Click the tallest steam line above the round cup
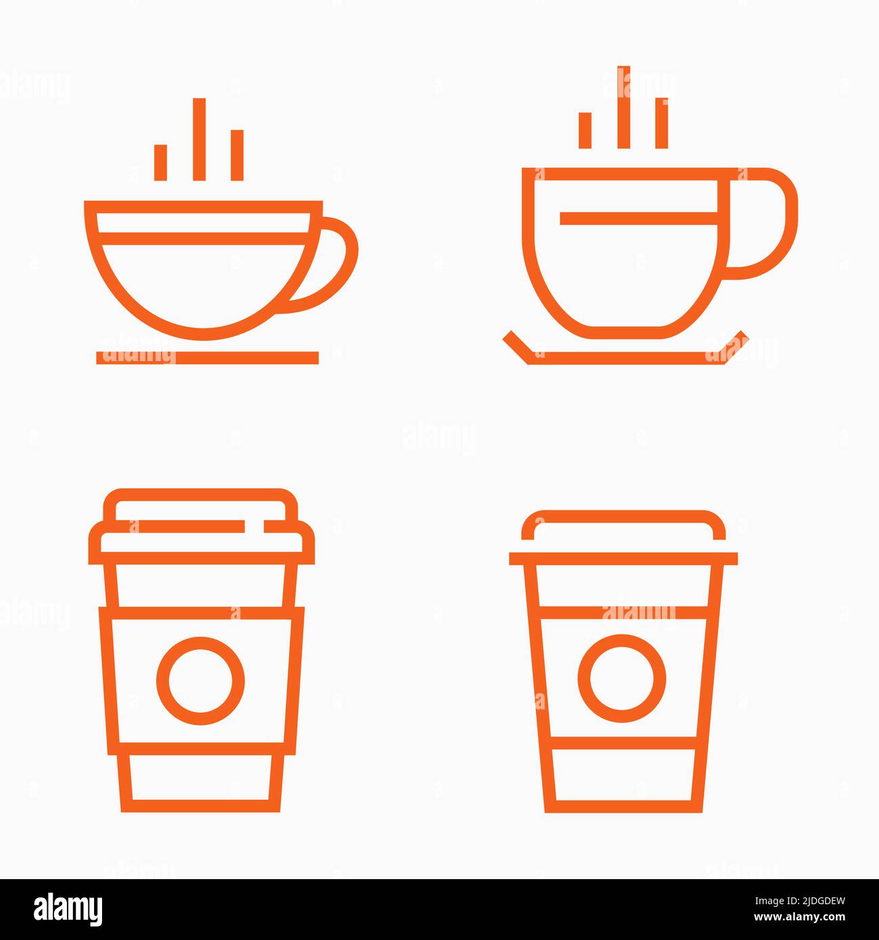(x=199, y=139)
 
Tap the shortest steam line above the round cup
(x=160, y=162)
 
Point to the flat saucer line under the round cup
(x=207, y=357)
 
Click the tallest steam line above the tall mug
(x=623, y=107)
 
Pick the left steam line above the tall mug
(x=585, y=130)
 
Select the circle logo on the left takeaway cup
(x=200, y=680)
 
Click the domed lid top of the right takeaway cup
(x=623, y=523)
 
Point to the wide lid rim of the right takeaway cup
(x=623, y=558)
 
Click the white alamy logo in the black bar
(x=68, y=909)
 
